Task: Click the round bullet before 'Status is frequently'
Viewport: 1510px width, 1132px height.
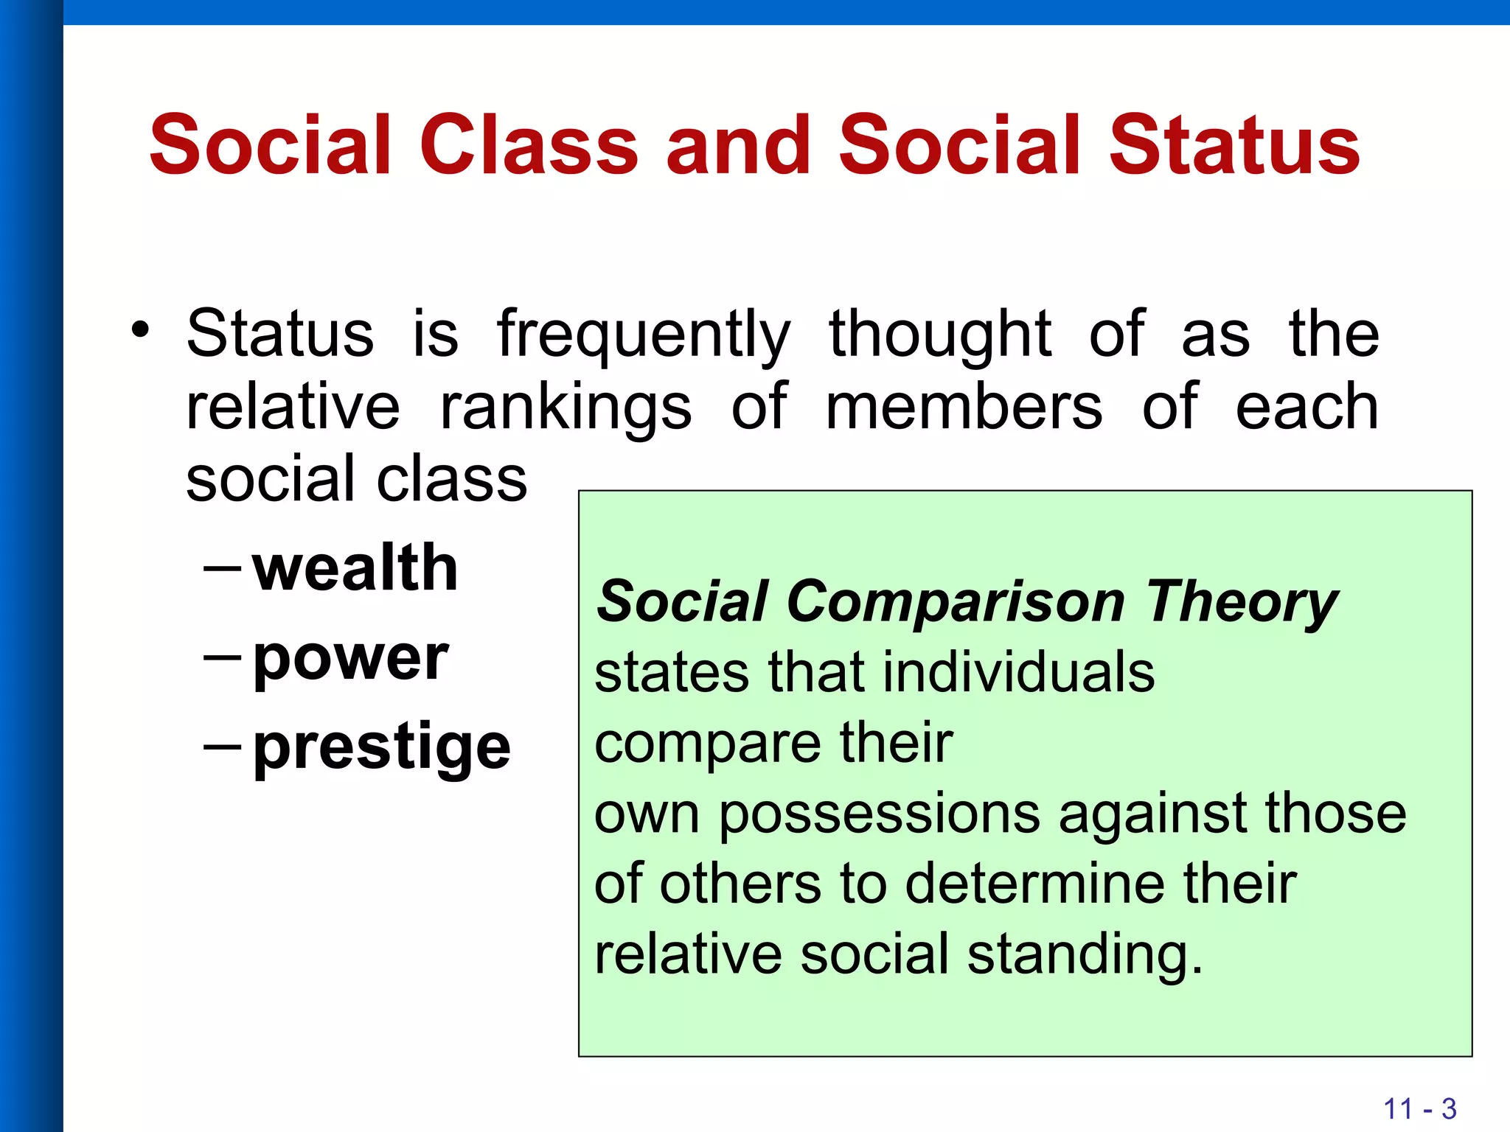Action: [139, 329]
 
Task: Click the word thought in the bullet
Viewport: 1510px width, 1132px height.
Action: [940, 333]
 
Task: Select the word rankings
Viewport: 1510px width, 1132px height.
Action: [566, 408]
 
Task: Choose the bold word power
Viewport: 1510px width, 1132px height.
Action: [351, 658]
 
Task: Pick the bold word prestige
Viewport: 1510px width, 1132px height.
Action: [381, 747]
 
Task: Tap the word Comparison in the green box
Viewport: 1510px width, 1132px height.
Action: [956, 602]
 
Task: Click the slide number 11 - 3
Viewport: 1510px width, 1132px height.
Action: [1419, 1108]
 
